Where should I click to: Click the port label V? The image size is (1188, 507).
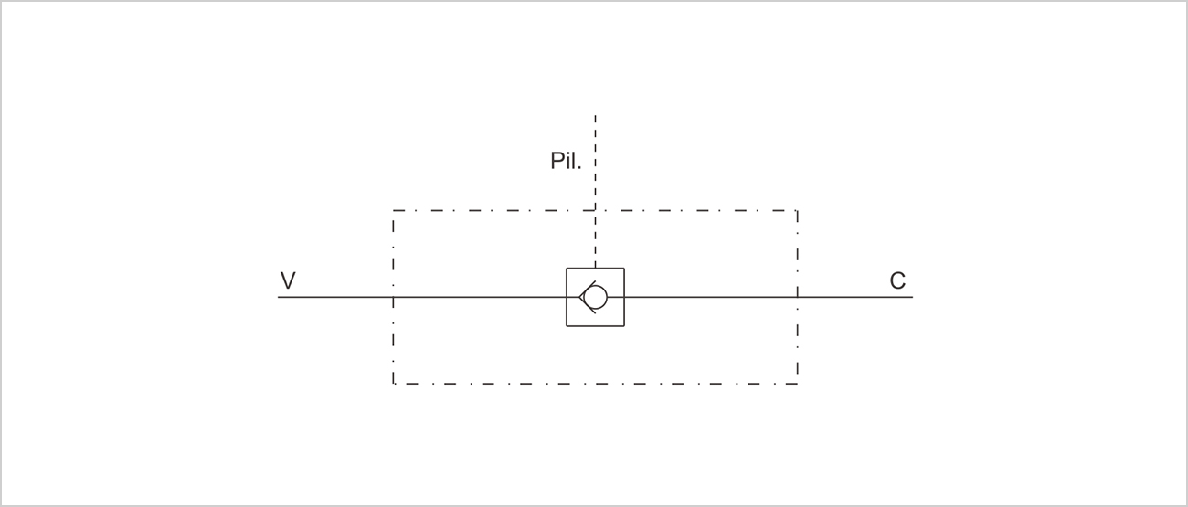[288, 280]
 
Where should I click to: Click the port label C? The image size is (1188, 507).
[897, 281]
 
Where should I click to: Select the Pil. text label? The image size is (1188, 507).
[566, 161]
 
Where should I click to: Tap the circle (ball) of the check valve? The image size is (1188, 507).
[596, 297]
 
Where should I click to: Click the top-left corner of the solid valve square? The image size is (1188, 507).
[567, 269]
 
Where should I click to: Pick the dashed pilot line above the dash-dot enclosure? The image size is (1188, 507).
[595, 163]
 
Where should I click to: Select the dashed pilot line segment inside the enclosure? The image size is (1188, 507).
[595, 239]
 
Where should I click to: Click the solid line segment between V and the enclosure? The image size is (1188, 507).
[335, 297]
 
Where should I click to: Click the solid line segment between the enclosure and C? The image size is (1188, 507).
[855, 297]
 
